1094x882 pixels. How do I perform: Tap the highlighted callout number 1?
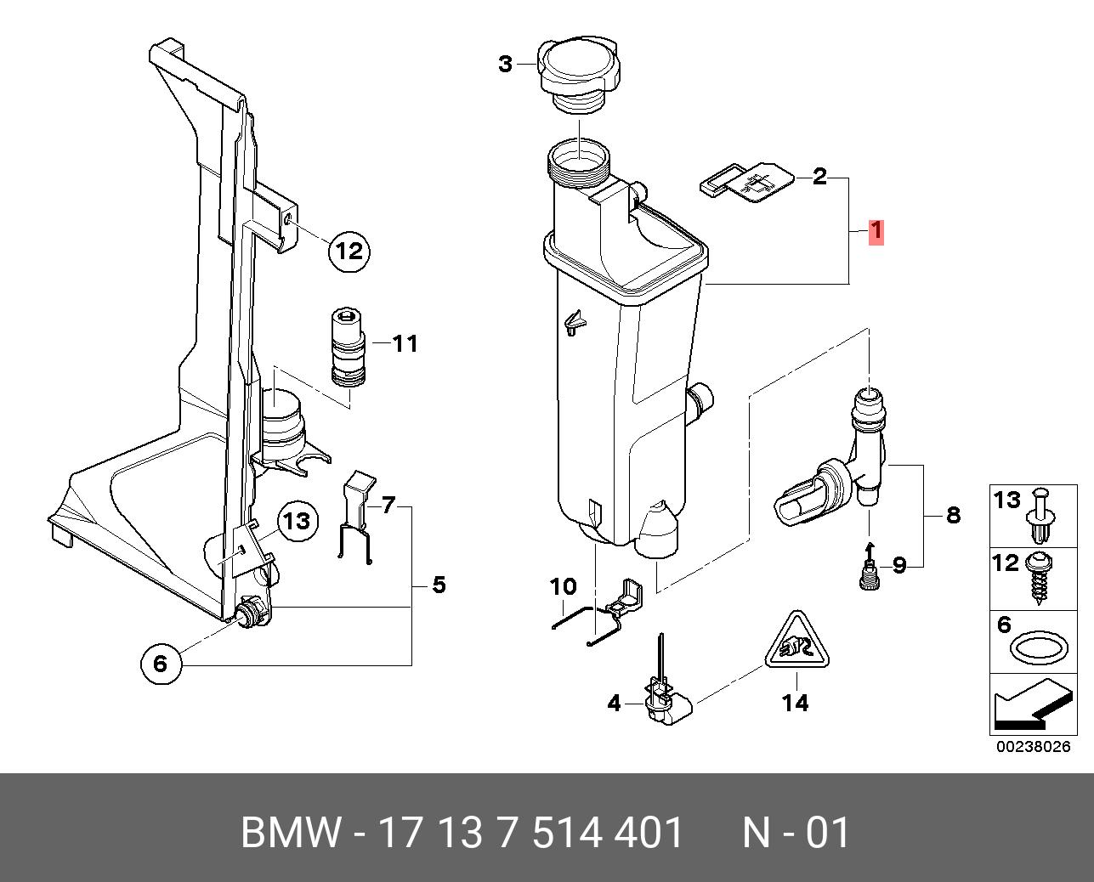tap(876, 232)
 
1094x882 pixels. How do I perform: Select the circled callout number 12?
tap(350, 251)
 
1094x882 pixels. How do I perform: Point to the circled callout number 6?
tap(162, 663)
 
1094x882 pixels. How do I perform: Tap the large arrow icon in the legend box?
tap(1029, 707)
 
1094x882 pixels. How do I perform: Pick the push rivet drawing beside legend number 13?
tap(1041, 515)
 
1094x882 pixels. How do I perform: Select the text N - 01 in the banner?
tap(796, 833)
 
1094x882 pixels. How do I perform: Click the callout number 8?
tap(953, 515)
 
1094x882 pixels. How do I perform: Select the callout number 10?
tap(564, 586)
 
